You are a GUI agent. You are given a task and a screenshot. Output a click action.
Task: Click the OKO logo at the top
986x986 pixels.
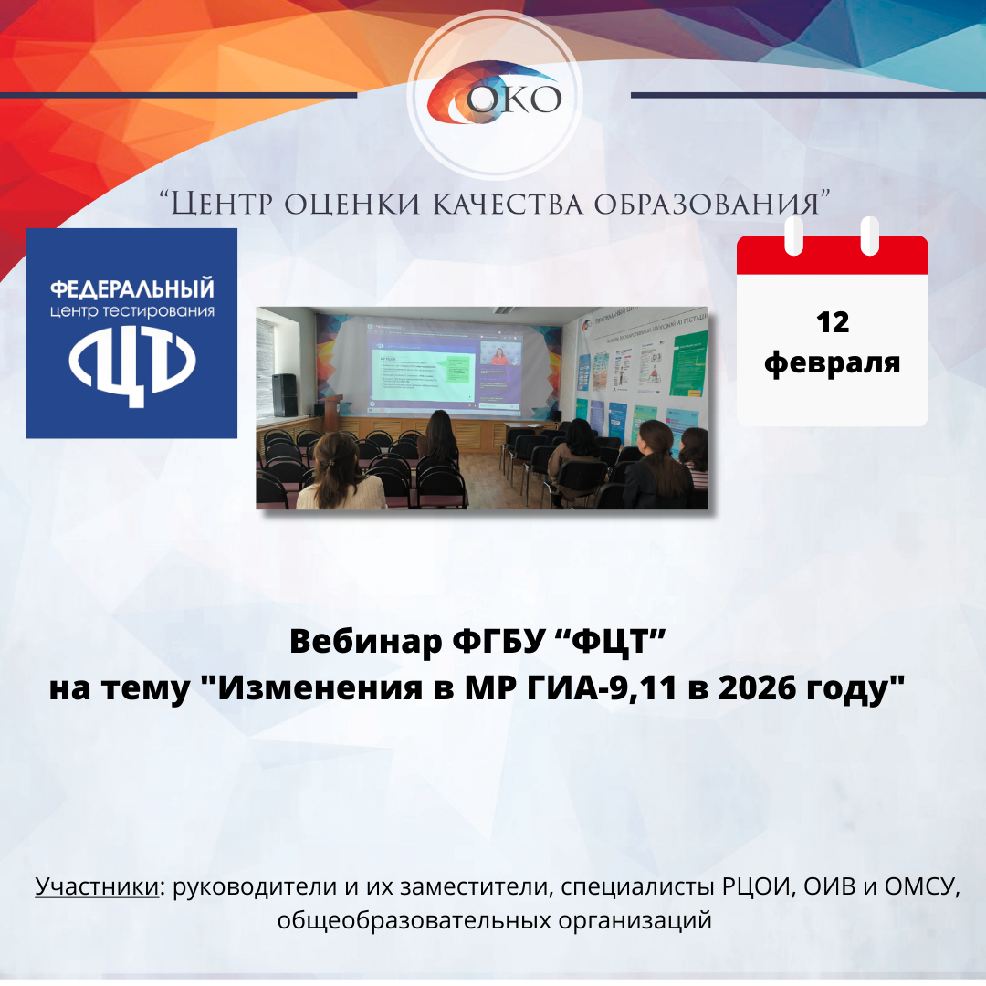click(495, 97)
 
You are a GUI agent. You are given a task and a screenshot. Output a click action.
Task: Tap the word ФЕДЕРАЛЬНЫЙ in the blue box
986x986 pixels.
click(131, 289)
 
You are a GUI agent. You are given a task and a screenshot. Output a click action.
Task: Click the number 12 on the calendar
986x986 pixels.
click(832, 321)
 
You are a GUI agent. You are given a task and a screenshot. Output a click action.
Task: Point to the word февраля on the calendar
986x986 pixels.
click(832, 362)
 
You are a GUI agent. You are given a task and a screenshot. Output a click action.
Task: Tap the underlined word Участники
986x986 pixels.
click(96, 886)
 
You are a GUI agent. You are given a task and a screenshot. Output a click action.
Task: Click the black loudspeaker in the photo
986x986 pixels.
click(285, 394)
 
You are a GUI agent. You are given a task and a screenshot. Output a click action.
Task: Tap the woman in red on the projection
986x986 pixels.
click(499, 355)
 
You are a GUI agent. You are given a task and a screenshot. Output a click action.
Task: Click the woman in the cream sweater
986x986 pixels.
click(340, 475)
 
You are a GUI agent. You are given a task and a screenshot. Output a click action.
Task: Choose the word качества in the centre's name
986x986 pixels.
click(495, 204)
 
